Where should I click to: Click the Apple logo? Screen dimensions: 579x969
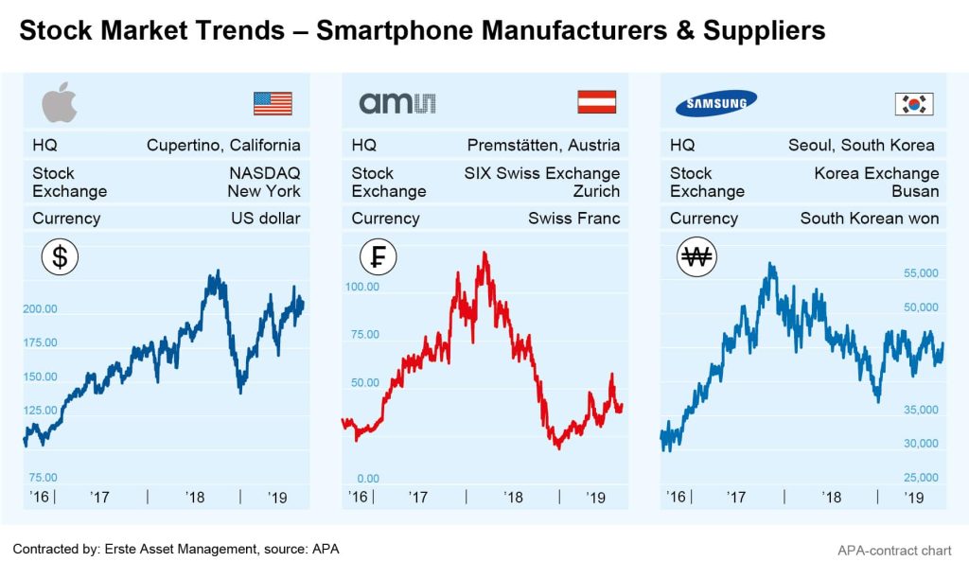[x=60, y=102]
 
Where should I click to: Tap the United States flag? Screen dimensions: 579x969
[x=273, y=103]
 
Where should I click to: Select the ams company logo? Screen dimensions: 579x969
[x=396, y=102]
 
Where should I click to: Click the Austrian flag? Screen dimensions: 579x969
[x=597, y=102]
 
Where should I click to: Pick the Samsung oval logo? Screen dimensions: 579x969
[x=716, y=102]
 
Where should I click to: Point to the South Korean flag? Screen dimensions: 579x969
[x=914, y=103]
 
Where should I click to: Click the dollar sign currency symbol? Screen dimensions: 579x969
[x=60, y=256]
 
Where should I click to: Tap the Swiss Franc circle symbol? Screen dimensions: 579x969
[x=379, y=256]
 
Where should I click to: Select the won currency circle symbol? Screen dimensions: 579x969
[x=697, y=256]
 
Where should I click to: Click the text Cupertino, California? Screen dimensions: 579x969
[x=223, y=145]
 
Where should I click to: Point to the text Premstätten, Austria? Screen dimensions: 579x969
[x=543, y=145]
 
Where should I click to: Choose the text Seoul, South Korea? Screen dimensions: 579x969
[x=861, y=145]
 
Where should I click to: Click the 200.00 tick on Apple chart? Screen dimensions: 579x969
[x=41, y=308]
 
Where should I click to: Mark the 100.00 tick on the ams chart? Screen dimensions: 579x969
[x=361, y=286]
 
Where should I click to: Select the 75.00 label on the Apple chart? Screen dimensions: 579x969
[x=43, y=478]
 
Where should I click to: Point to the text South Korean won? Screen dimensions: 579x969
[x=870, y=218]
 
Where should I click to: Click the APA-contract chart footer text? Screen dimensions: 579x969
[x=894, y=550]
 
